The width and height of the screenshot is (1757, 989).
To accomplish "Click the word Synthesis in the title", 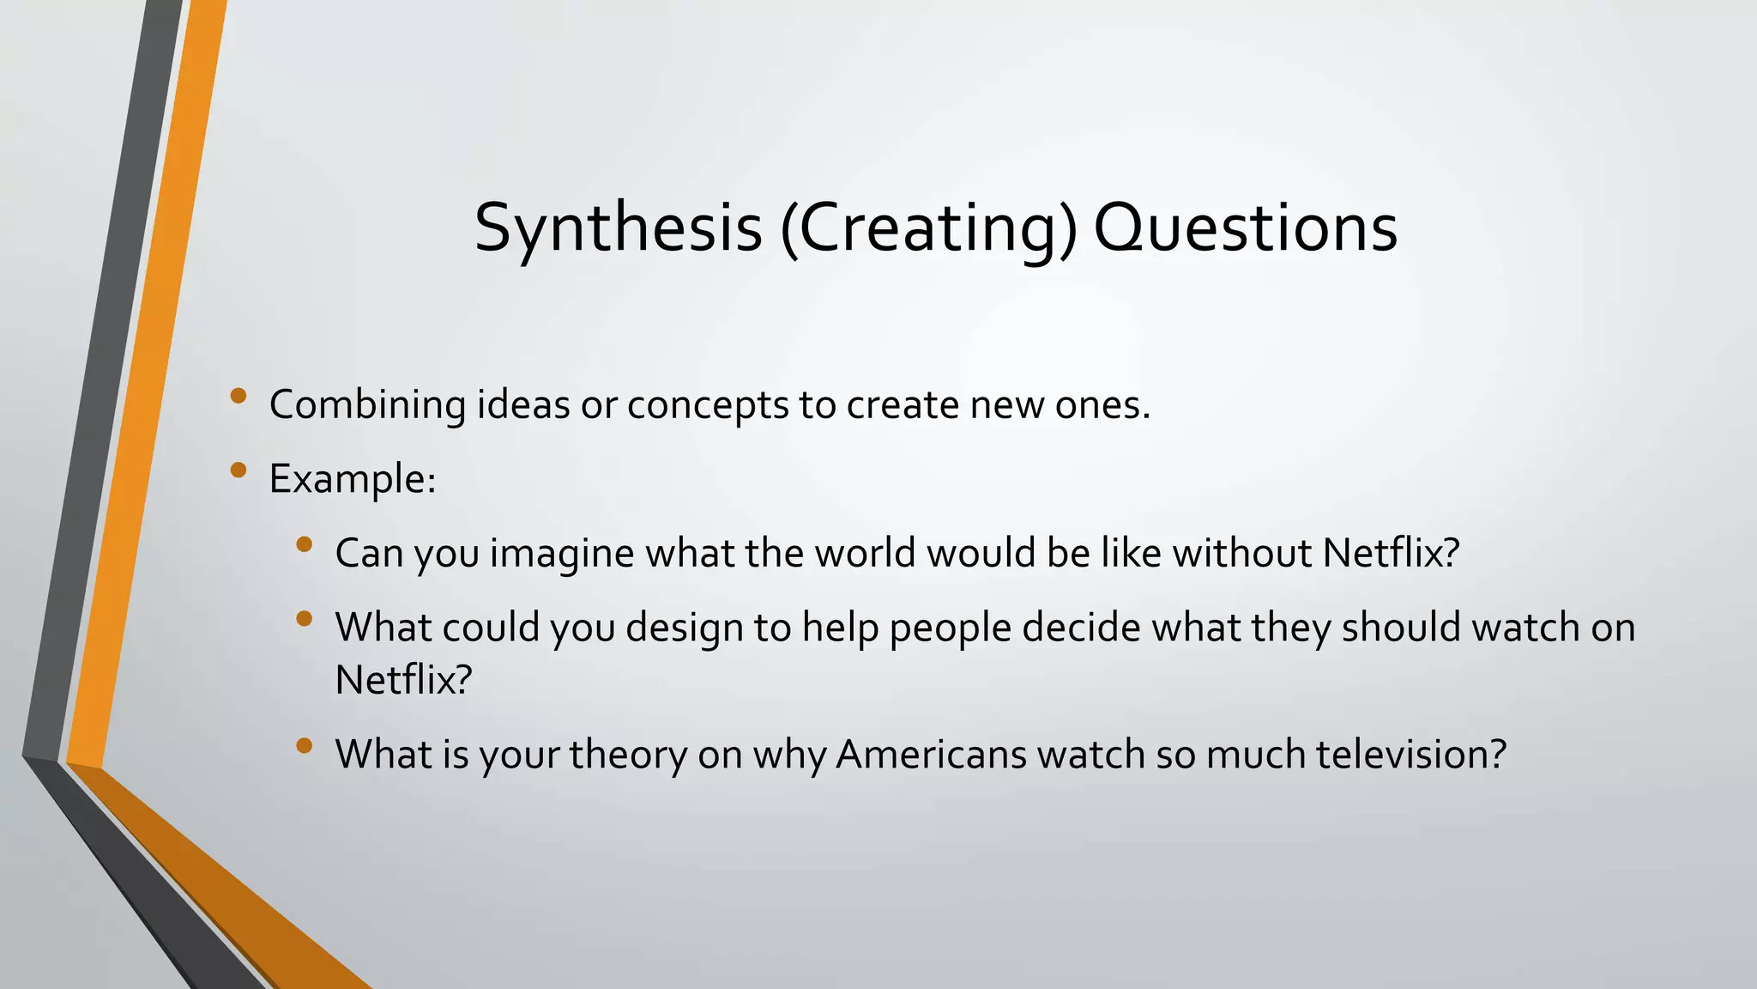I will [618, 228].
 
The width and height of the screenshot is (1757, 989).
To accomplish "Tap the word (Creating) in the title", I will [927, 228].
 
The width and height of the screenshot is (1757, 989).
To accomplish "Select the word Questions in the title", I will [1245, 228].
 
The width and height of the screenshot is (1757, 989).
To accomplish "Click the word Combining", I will [367, 405].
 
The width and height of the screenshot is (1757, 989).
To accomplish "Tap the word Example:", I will [353, 479].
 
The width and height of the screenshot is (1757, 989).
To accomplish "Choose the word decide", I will [1081, 628].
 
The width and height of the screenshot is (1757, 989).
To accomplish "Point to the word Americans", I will [931, 755].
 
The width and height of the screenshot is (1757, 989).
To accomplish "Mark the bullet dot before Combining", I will [238, 396].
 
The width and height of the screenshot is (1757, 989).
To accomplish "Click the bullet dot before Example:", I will [238, 470].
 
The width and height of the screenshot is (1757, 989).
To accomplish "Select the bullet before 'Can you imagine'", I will [304, 544].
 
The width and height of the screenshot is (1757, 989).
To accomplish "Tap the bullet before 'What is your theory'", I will [304, 745].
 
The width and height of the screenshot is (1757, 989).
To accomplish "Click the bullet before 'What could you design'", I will [304, 618].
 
